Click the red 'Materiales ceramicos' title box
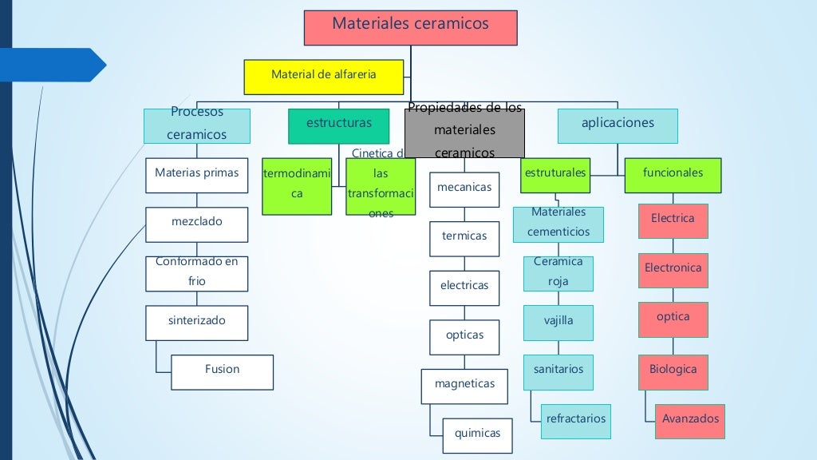(410, 27)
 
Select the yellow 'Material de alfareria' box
(323, 77)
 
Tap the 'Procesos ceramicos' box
(197, 125)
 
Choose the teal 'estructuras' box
(338, 126)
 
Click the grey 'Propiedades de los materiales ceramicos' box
(464, 133)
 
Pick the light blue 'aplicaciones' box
(618, 125)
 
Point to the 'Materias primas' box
(196, 175)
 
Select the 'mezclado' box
(196, 224)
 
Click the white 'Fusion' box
(222, 371)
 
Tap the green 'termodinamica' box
(297, 186)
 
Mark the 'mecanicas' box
(464, 189)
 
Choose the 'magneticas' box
(464, 386)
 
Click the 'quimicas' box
(477, 435)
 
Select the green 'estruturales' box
(555, 175)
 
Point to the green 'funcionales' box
(673, 175)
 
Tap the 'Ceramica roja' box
(558, 273)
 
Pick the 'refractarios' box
(575, 421)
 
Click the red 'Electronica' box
(673, 270)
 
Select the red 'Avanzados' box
(690, 421)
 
